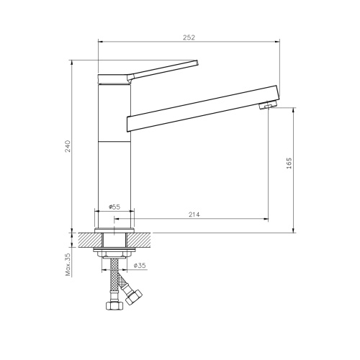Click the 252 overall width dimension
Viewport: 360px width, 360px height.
point(189,37)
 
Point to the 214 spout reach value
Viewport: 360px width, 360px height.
point(194,214)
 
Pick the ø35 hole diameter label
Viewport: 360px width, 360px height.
point(140,266)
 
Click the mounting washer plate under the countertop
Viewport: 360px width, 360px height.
point(114,251)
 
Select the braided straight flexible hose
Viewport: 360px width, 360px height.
point(113,281)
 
